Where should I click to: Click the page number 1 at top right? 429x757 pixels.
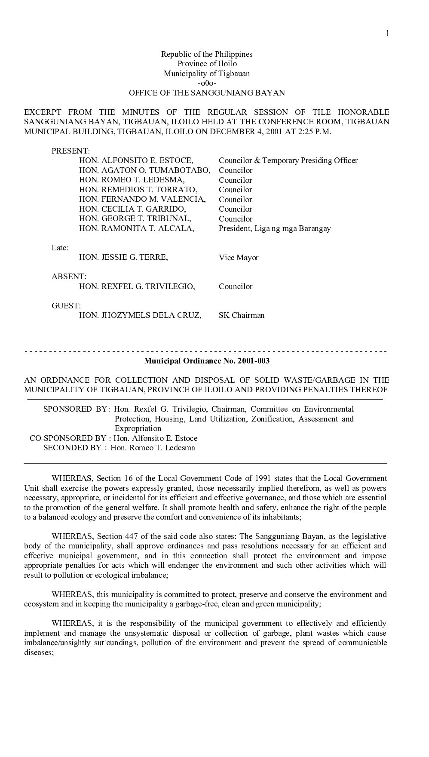pos(388,34)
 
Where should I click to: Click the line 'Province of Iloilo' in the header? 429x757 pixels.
pos(207,64)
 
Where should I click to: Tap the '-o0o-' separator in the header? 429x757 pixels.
pos(207,83)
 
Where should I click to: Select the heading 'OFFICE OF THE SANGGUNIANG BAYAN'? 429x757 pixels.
pos(207,93)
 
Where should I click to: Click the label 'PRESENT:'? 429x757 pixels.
pos(70,151)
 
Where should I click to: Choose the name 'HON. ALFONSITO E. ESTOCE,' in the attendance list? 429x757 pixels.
pos(136,160)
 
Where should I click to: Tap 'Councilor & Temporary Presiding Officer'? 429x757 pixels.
pos(288,160)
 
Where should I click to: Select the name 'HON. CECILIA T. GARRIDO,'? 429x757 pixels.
pos(132,209)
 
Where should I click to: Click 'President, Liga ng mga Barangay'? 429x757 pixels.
pos(275,228)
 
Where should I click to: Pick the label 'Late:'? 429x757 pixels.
pos(60,248)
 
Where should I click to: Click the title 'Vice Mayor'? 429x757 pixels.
pos(239,258)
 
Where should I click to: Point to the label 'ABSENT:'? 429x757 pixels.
pos(69,277)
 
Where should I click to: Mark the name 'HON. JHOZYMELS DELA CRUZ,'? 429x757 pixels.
pos(140,315)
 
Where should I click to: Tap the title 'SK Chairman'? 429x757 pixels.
pos(242,315)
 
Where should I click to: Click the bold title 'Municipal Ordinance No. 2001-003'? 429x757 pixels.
pos(207,361)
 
